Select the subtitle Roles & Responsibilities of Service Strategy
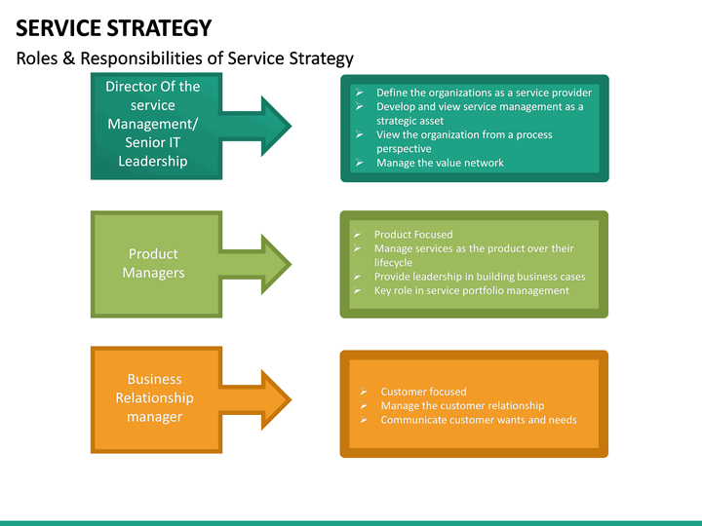[184, 58]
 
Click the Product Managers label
[153, 263]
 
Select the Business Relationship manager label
[154, 397]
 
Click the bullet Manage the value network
[440, 163]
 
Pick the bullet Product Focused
[413, 235]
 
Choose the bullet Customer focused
[423, 392]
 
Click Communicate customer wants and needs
[478, 420]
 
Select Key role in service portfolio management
[471, 290]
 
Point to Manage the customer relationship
[462, 405]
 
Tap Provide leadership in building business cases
[480, 277]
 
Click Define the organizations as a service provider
[484, 93]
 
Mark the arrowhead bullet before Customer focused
[363, 392]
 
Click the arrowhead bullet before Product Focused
[357, 235]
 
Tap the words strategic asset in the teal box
[409, 121]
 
